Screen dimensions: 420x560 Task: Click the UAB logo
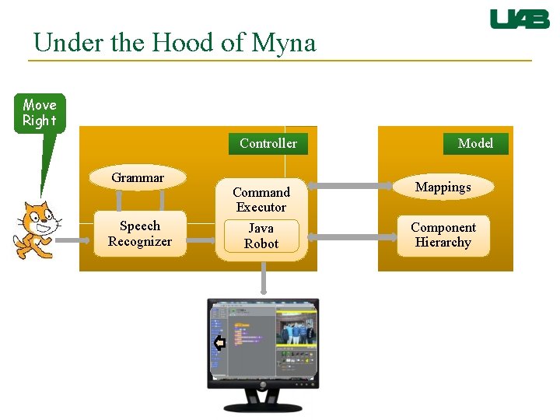click(519, 19)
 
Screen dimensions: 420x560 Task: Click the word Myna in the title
click(284, 42)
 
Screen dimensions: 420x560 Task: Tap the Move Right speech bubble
click(40, 114)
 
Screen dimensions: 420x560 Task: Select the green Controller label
click(268, 143)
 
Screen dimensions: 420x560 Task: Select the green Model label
click(475, 143)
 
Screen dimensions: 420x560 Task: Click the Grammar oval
click(138, 178)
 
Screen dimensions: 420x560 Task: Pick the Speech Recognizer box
click(140, 234)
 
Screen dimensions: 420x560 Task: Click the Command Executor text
click(261, 200)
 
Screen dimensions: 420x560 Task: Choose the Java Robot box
click(261, 236)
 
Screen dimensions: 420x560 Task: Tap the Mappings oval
click(443, 187)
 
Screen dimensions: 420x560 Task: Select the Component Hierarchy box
click(443, 235)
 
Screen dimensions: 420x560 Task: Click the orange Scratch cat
click(36, 229)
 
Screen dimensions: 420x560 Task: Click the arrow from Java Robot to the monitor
click(264, 279)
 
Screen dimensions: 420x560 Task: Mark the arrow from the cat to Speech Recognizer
click(75, 241)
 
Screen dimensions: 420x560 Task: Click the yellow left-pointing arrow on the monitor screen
click(219, 343)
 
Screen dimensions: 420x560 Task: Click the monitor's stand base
click(263, 406)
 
